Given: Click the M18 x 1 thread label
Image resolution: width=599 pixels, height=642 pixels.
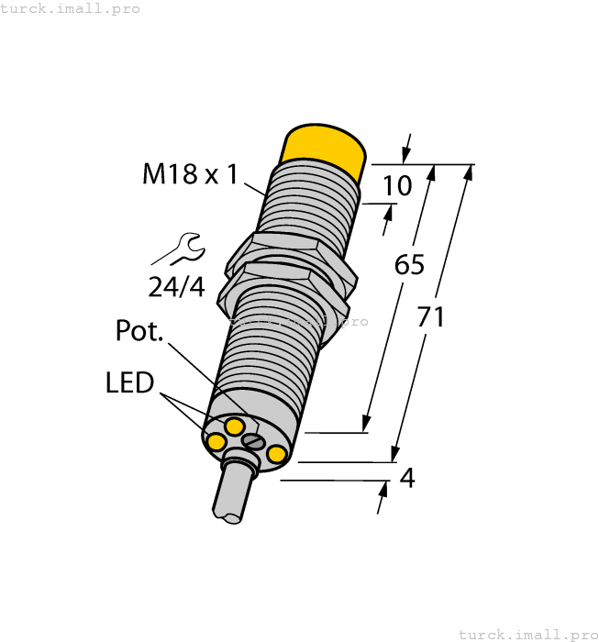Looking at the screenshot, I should pyautogui.click(x=190, y=173).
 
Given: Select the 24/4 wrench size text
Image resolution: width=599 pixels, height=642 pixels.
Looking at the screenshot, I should pyautogui.click(x=176, y=287).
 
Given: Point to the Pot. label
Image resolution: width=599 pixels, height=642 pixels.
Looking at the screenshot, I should pyautogui.click(x=139, y=331).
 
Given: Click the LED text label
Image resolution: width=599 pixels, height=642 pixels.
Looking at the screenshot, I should pyautogui.click(x=129, y=382).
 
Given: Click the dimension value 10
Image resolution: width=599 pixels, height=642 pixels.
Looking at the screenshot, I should pyautogui.click(x=397, y=186).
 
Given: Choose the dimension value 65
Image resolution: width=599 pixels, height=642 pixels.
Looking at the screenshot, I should pyautogui.click(x=409, y=265).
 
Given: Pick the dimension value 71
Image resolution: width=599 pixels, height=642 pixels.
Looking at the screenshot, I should pyautogui.click(x=431, y=317).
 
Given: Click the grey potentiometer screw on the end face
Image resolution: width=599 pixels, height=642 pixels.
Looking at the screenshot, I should pyautogui.click(x=253, y=442).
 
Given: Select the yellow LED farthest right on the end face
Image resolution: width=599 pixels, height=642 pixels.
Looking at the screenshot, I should pyautogui.click(x=276, y=453).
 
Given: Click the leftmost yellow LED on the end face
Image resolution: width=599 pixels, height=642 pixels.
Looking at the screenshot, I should pyautogui.click(x=216, y=443).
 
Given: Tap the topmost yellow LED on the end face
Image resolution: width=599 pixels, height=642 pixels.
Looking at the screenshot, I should pyautogui.click(x=235, y=426).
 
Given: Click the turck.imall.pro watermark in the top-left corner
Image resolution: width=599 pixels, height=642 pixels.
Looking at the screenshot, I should pyautogui.click(x=70, y=8).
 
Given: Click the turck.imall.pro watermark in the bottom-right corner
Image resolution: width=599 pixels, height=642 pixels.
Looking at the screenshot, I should pyautogui.click(x=527, y=634).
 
